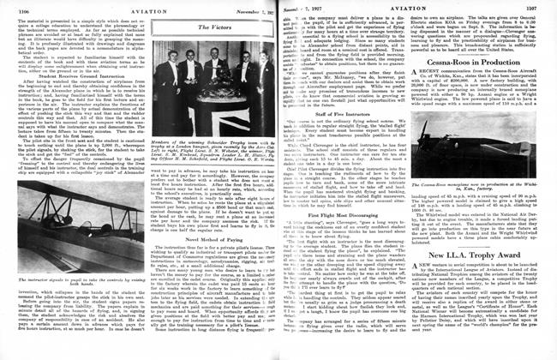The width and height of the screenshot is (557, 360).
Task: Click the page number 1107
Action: [x=545, y=7]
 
